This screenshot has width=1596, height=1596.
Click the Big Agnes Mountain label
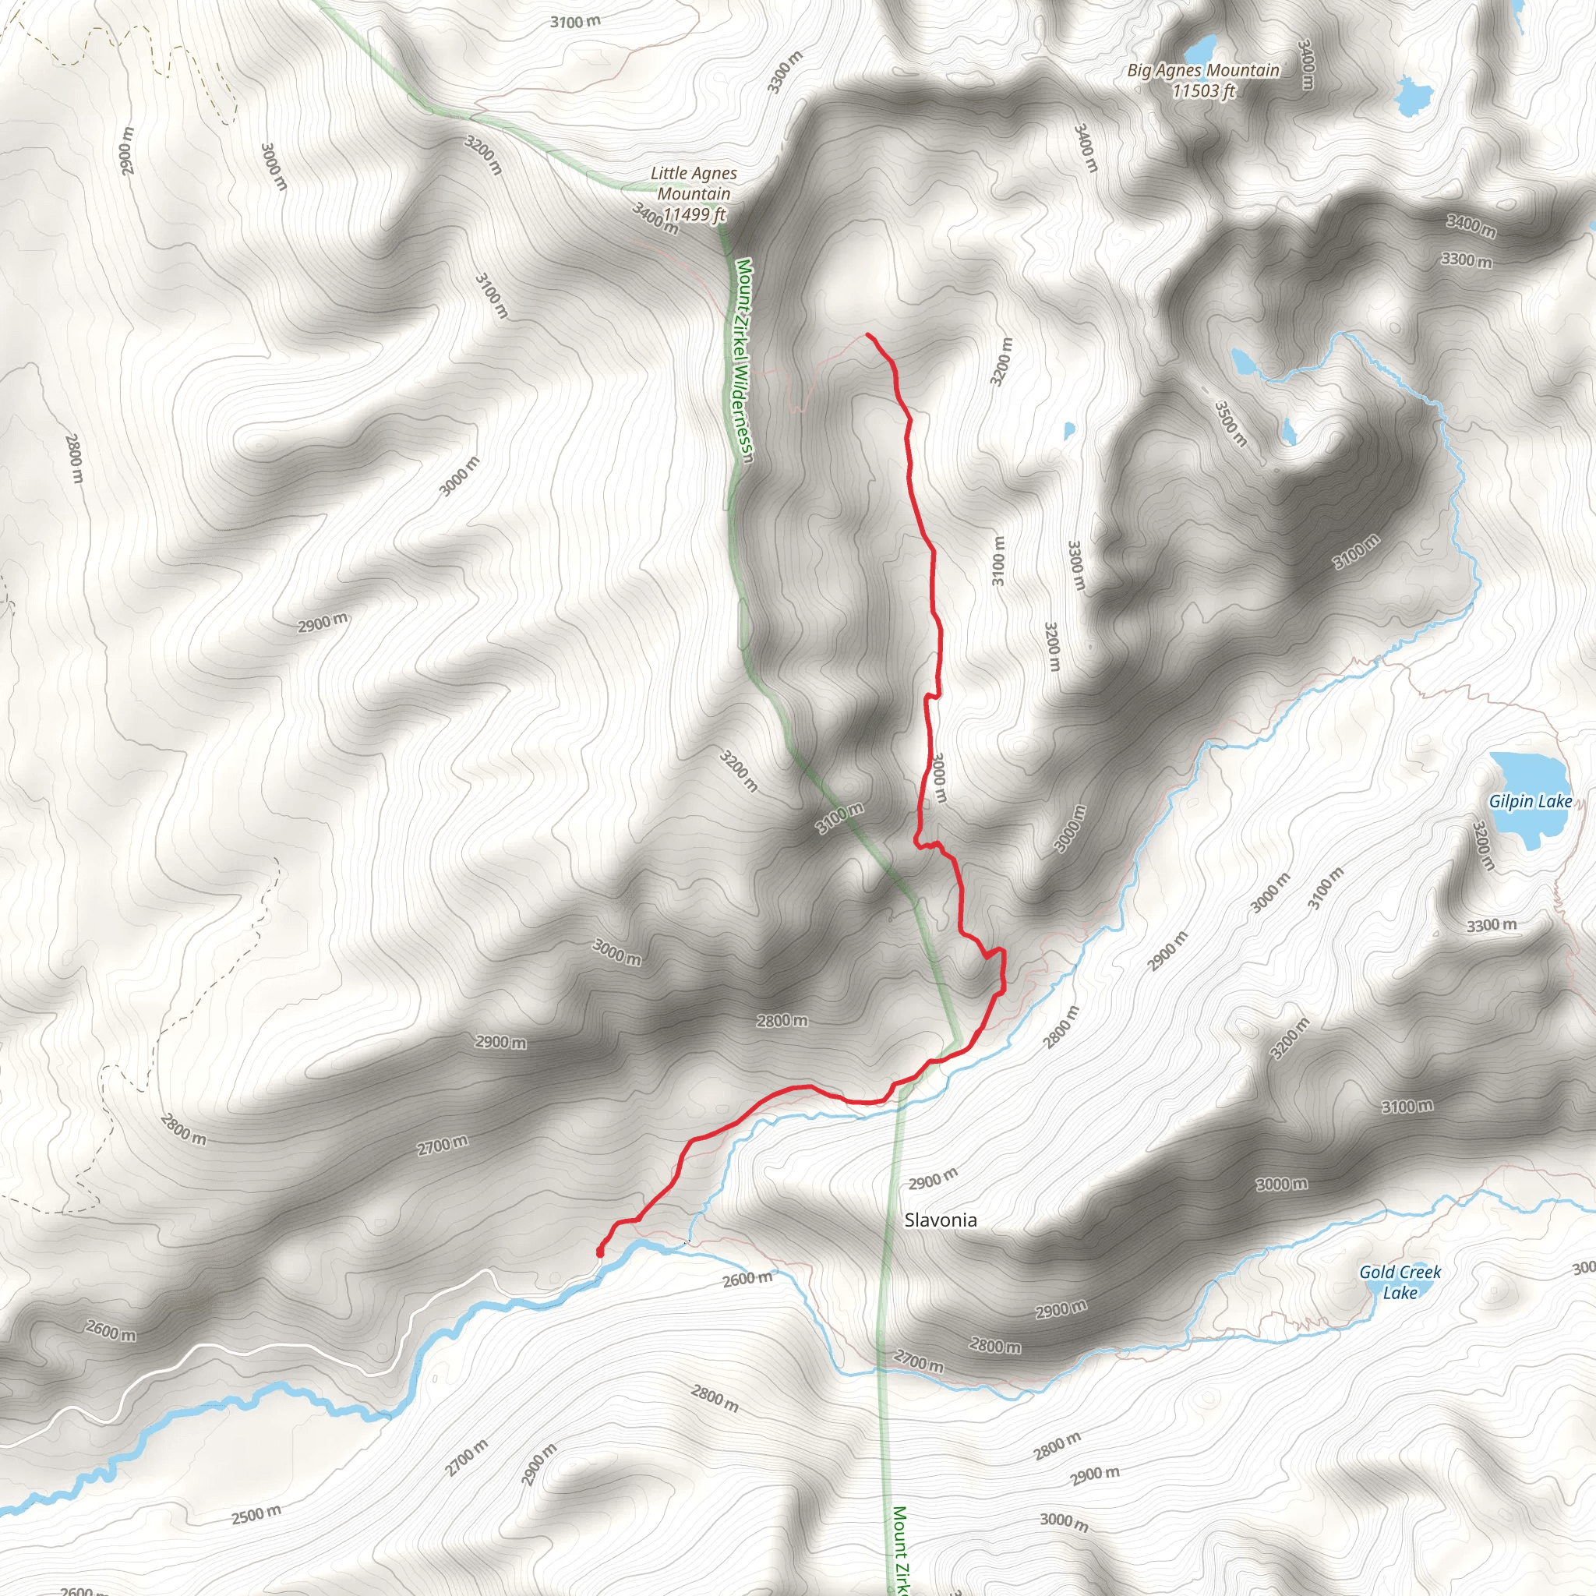click(1202, 71)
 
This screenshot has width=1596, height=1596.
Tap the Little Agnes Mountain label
click(693, 183)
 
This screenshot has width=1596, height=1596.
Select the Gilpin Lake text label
click(1530, 801)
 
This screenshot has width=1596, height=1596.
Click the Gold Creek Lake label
click(1400, 1282)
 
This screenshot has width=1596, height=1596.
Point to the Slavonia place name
click(940, 1220)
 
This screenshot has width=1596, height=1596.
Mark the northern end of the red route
click(867, 334)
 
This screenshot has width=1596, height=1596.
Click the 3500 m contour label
click(1230, 424)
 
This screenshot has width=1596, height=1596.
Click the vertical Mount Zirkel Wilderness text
click(743, 361)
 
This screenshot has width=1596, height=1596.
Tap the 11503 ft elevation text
click(1202, 92)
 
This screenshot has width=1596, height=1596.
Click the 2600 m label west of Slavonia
click(747, 1279)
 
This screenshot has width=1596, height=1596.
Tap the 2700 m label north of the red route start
click(442, 1146)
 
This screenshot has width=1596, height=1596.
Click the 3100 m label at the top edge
click(575, 22)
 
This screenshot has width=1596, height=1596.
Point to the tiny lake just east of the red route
click(1069, 429)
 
